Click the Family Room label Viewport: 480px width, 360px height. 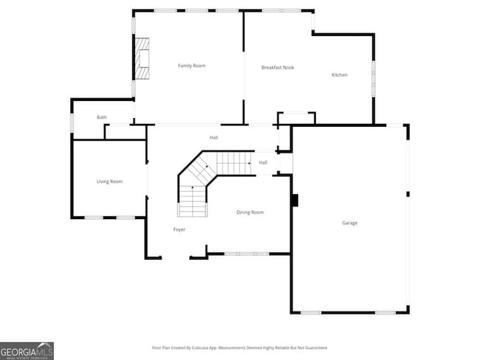[191, 66]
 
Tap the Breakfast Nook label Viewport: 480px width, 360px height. [278, 68]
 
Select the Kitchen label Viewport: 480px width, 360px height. [339, 75]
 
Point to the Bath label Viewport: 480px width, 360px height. [102, 117]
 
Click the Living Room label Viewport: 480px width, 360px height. [109, 181]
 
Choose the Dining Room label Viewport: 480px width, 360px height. [250, 212]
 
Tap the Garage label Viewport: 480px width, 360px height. [349, 223]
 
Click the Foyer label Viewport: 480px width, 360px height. [179, 229]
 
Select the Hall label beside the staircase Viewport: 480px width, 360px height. [263, 162]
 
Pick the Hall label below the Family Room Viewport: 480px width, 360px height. [213, 137]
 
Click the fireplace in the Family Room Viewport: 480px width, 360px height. [142, 58]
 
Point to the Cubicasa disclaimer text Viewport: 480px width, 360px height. [240, 347]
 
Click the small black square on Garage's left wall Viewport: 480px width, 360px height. [294, 200]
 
